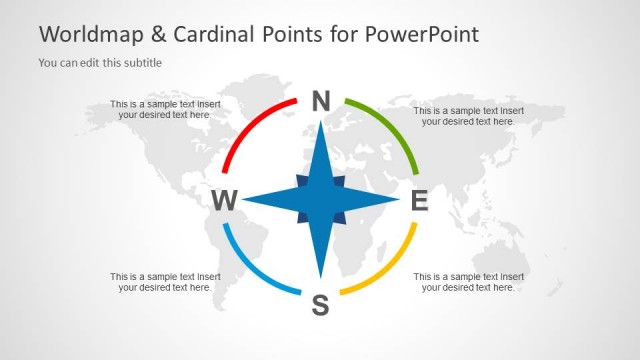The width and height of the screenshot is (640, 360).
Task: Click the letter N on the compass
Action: pyautogui.click(x=320, y=100)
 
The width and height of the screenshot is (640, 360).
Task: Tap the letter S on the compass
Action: pyautogui.click(x=320, y=305)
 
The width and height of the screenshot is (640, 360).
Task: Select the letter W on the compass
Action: pyautogui.click(x=224, y=201)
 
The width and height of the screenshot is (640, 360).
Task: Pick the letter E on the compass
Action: pyautogui.click(x=420, y=201)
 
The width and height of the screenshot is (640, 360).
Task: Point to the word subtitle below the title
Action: pyautogui.click(x=141, y=63)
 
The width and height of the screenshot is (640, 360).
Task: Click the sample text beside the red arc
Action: pyautogui.click(x=165, y=109)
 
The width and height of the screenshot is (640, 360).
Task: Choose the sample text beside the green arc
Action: pyautogui.click(x=468, y=116)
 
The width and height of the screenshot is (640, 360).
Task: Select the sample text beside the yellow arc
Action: pyautogui.click(x=468, y=281)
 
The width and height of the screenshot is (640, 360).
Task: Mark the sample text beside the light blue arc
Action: pyautogui.click(x=165, y=281)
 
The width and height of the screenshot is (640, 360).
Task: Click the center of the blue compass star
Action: pyautogui.click(x=320, y=200)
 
